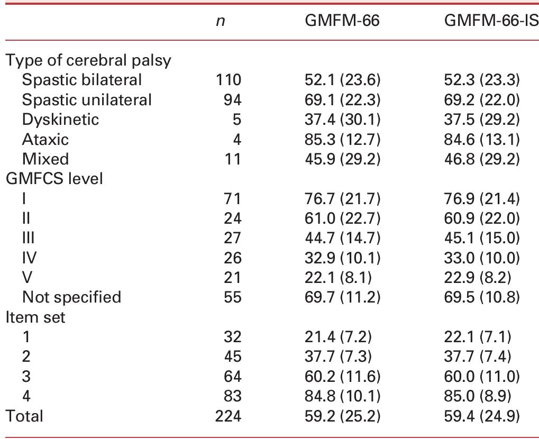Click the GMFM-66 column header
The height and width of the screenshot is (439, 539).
tap(343, 22)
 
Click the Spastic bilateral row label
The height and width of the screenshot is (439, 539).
tap(82, 80)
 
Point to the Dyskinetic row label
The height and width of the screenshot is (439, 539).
tap(60, 120)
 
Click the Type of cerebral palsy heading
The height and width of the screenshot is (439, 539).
tap(88, 60)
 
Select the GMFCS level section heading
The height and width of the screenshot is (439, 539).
tap(54, 179)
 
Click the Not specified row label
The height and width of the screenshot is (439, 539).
tap(71, 297)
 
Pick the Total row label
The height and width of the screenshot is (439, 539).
tap(24, 416)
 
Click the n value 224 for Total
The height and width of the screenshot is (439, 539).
tap(228, 416)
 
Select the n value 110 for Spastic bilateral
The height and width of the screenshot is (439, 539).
tap(228, 80)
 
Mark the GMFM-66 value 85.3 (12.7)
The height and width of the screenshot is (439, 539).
tap(343, 140)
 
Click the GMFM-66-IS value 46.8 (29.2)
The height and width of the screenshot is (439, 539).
tap(482, 159)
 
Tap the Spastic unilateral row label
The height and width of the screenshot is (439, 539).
tap(87, 100)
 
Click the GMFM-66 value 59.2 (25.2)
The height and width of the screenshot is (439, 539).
tap(343, 416)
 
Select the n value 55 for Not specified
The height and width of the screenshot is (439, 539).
tap(232, 297)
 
